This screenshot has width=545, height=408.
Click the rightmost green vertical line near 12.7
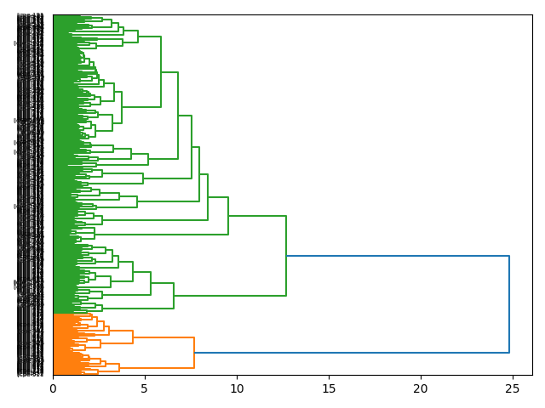pos(286,256)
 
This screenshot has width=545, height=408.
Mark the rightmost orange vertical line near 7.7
pos(194,353)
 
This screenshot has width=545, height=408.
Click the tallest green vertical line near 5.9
pos(161,72)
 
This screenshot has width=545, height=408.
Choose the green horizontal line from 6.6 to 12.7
pos(230,296)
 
